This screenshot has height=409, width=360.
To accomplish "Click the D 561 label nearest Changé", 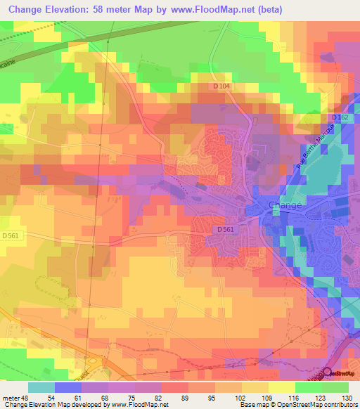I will (224, 229).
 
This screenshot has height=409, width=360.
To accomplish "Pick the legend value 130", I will (348, 398).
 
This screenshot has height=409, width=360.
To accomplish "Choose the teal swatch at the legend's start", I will (41, 387).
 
